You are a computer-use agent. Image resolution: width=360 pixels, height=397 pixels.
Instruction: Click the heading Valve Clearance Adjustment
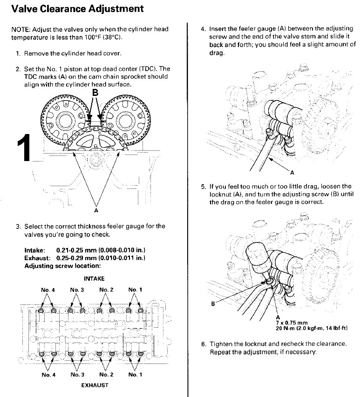77,9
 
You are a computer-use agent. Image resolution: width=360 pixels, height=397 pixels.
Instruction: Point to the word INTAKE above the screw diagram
94,278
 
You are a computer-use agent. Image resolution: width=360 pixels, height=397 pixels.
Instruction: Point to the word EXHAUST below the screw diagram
95,385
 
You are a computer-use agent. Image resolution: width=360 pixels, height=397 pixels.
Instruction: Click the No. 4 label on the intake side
48,290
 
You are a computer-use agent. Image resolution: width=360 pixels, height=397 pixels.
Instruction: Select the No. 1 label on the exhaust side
135,375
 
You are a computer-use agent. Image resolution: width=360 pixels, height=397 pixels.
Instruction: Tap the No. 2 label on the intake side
106,290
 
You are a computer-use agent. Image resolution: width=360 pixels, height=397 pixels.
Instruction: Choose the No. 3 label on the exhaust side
77,375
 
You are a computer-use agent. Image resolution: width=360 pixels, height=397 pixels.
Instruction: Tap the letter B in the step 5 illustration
213,304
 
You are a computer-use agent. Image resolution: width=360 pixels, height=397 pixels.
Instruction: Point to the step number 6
203,344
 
